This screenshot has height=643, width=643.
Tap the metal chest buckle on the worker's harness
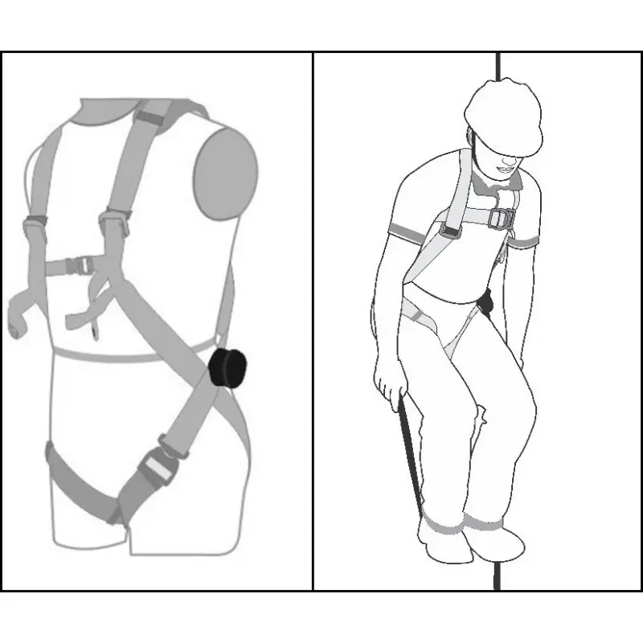coord(502,218)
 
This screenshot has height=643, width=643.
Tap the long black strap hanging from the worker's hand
coord(408,450)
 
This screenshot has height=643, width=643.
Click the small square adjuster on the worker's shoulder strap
coord(448,231)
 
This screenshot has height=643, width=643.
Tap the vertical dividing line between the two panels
coord(313,321)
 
